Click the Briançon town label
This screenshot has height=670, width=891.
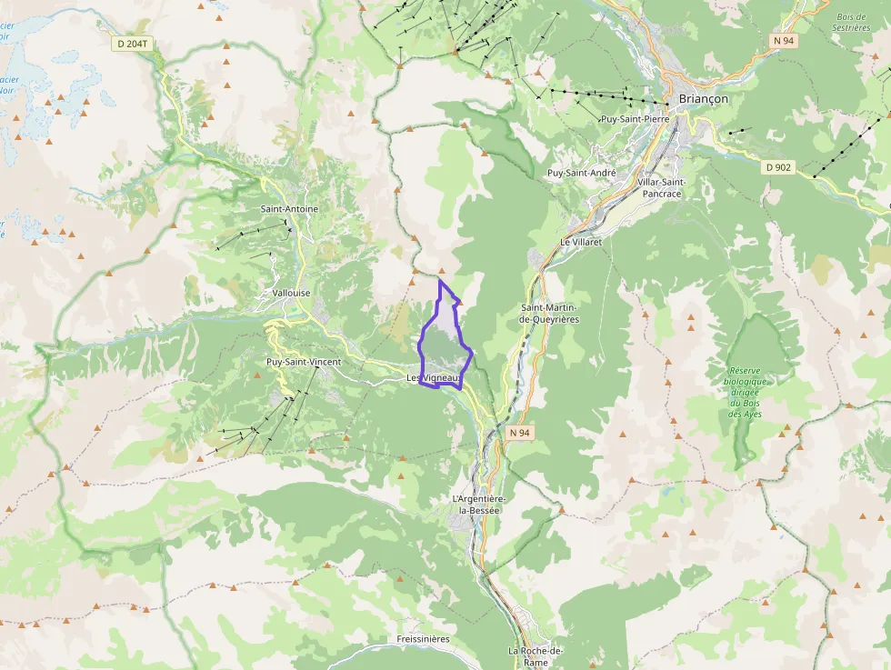coord(703,99)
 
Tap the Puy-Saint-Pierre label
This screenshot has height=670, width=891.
coord(635,119)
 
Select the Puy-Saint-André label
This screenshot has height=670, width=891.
coord(581,173)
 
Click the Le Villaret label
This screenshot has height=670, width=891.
coord(582,243)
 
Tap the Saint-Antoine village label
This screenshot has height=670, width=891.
coord(289,209)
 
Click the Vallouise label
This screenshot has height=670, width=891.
coord(291,294)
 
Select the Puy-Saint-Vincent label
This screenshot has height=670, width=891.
coord(304,363)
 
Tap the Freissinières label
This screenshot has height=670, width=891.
coord(423,639)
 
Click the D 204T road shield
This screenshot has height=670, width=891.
coord(133,44)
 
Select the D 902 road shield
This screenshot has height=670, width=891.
coord(778,167)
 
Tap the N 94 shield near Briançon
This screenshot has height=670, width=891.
coord(784,41)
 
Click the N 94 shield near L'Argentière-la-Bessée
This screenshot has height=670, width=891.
coord(519,433)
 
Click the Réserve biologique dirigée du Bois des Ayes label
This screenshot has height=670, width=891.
coord(744,392)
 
